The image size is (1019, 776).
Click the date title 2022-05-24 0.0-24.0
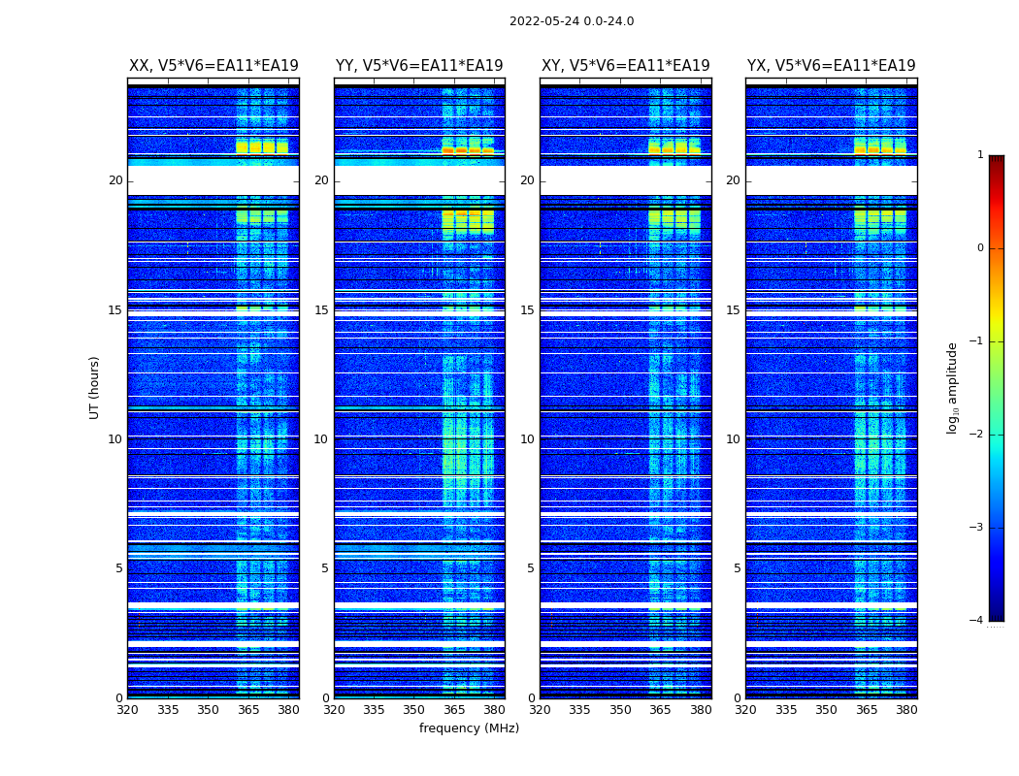572,21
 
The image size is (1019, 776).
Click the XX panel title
214,66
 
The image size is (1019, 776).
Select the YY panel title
419,66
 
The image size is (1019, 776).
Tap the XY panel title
626,66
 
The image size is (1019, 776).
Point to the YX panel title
832,66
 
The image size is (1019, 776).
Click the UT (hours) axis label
95,387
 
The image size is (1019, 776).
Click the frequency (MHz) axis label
469,728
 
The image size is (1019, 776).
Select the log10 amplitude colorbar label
953,387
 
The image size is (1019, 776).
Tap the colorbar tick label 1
980,155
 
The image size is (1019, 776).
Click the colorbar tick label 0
980,248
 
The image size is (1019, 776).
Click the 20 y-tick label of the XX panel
115,180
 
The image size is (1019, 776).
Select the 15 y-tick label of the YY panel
321,310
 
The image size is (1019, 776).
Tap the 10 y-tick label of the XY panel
527,439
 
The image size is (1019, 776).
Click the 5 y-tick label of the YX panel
737,568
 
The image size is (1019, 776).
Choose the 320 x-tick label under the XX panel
128,710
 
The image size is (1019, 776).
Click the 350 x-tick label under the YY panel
414,710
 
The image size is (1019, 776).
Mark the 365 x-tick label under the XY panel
660,710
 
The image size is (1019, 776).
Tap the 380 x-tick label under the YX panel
906,710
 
